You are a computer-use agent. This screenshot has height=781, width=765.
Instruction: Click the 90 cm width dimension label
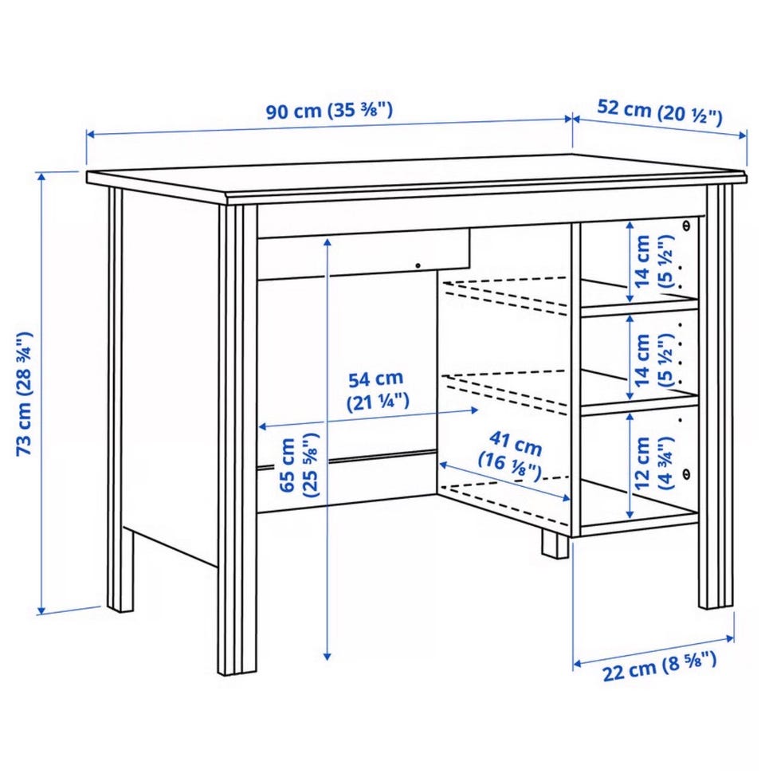click(329, 110)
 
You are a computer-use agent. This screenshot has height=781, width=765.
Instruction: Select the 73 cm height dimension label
click(25, 394)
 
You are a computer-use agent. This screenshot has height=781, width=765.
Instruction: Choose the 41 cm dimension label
click(512, 456)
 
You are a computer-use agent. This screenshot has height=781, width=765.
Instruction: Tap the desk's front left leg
click(237, 438)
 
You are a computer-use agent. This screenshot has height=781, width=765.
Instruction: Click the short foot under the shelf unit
click(555, 544)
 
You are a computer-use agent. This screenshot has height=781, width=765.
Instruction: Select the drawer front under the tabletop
click(363, 254)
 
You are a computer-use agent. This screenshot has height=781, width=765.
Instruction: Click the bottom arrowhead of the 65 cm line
click(328, 657)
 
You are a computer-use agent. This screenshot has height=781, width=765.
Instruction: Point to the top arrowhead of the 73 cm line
click(41, 176)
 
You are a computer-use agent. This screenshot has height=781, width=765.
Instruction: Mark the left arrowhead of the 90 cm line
click(91, 134)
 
